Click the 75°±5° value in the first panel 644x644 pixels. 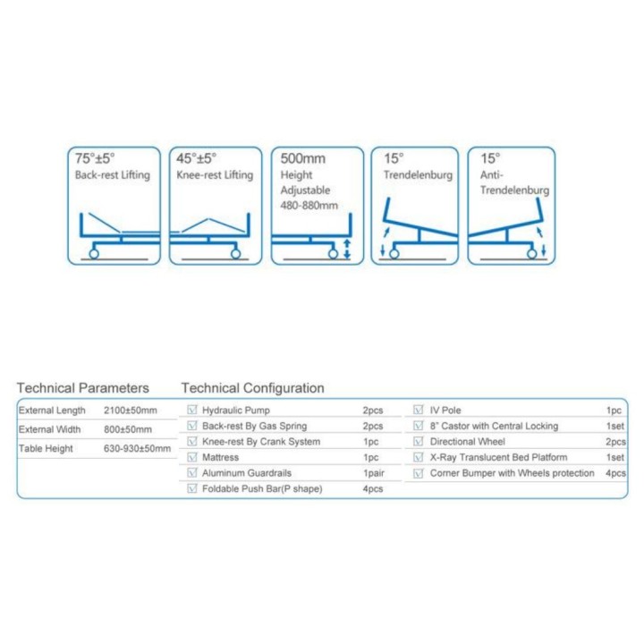95,158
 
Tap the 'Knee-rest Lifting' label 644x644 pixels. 215,175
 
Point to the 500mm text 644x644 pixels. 302,158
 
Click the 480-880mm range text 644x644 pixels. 309,206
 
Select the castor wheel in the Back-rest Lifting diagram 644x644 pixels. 94,254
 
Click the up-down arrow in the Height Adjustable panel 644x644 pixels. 347,249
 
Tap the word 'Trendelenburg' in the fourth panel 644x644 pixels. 418,175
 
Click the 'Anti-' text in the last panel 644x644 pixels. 492,175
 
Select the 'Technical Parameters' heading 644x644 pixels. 83,388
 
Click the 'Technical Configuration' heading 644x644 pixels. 252,388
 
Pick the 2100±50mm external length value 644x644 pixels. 131,411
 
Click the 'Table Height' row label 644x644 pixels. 46,448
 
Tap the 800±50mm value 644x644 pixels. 128,429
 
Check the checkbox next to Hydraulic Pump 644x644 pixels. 191,410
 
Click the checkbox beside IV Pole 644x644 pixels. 418,410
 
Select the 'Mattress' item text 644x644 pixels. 220,458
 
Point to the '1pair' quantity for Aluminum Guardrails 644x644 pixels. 374,473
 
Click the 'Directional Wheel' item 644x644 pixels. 468,442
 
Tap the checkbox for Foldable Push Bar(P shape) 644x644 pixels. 191,488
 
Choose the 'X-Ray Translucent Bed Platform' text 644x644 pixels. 498,458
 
